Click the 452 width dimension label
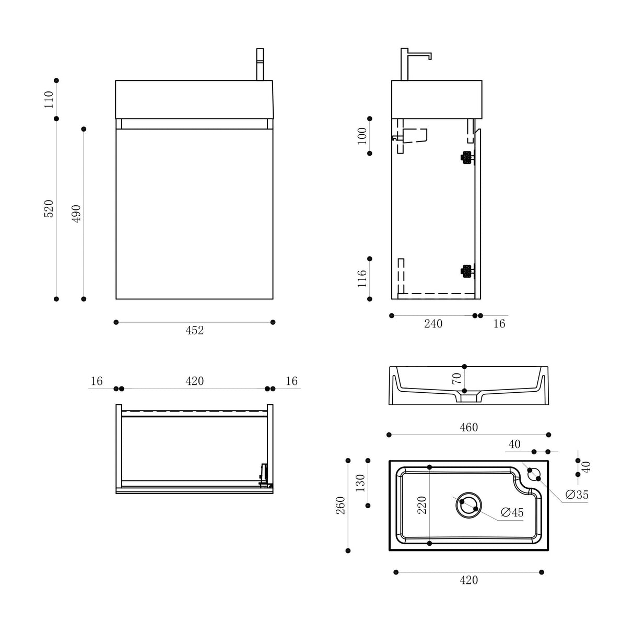point(194,331)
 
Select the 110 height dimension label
point(49,99)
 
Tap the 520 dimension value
point(49,208)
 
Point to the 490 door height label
point(76,214)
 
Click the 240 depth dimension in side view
point(433,324)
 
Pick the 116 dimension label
point(362,278)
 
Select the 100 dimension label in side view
point(362,136)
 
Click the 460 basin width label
point(468,428)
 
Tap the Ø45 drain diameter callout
point(512,512)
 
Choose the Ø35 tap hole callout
point(577,495)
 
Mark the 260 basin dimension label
point(341,505)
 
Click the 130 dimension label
point(360,483)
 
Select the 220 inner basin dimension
point(422,505)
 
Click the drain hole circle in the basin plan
point(468,505)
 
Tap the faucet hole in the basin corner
point(534,474)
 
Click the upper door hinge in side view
point(466,158)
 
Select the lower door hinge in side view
point(466,271)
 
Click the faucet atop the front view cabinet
point(260,65)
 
